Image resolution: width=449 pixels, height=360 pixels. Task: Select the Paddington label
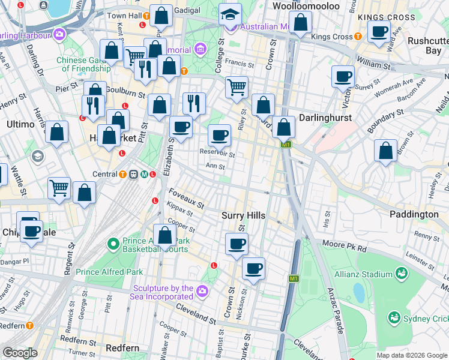point(414,214)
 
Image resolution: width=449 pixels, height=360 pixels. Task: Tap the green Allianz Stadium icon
point(401,274)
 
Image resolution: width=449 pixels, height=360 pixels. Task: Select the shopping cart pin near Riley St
point(237,87)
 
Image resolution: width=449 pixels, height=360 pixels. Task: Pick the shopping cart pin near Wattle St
point(59,188)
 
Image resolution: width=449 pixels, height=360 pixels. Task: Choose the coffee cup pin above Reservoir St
point(220,136)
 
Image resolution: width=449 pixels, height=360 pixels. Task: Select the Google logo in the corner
point(20,353)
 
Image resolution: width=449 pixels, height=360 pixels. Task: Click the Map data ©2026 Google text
point(411,355)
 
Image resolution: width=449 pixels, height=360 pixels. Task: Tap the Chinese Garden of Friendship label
point(88,64)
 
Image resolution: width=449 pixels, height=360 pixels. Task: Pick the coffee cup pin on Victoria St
point(343,77)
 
